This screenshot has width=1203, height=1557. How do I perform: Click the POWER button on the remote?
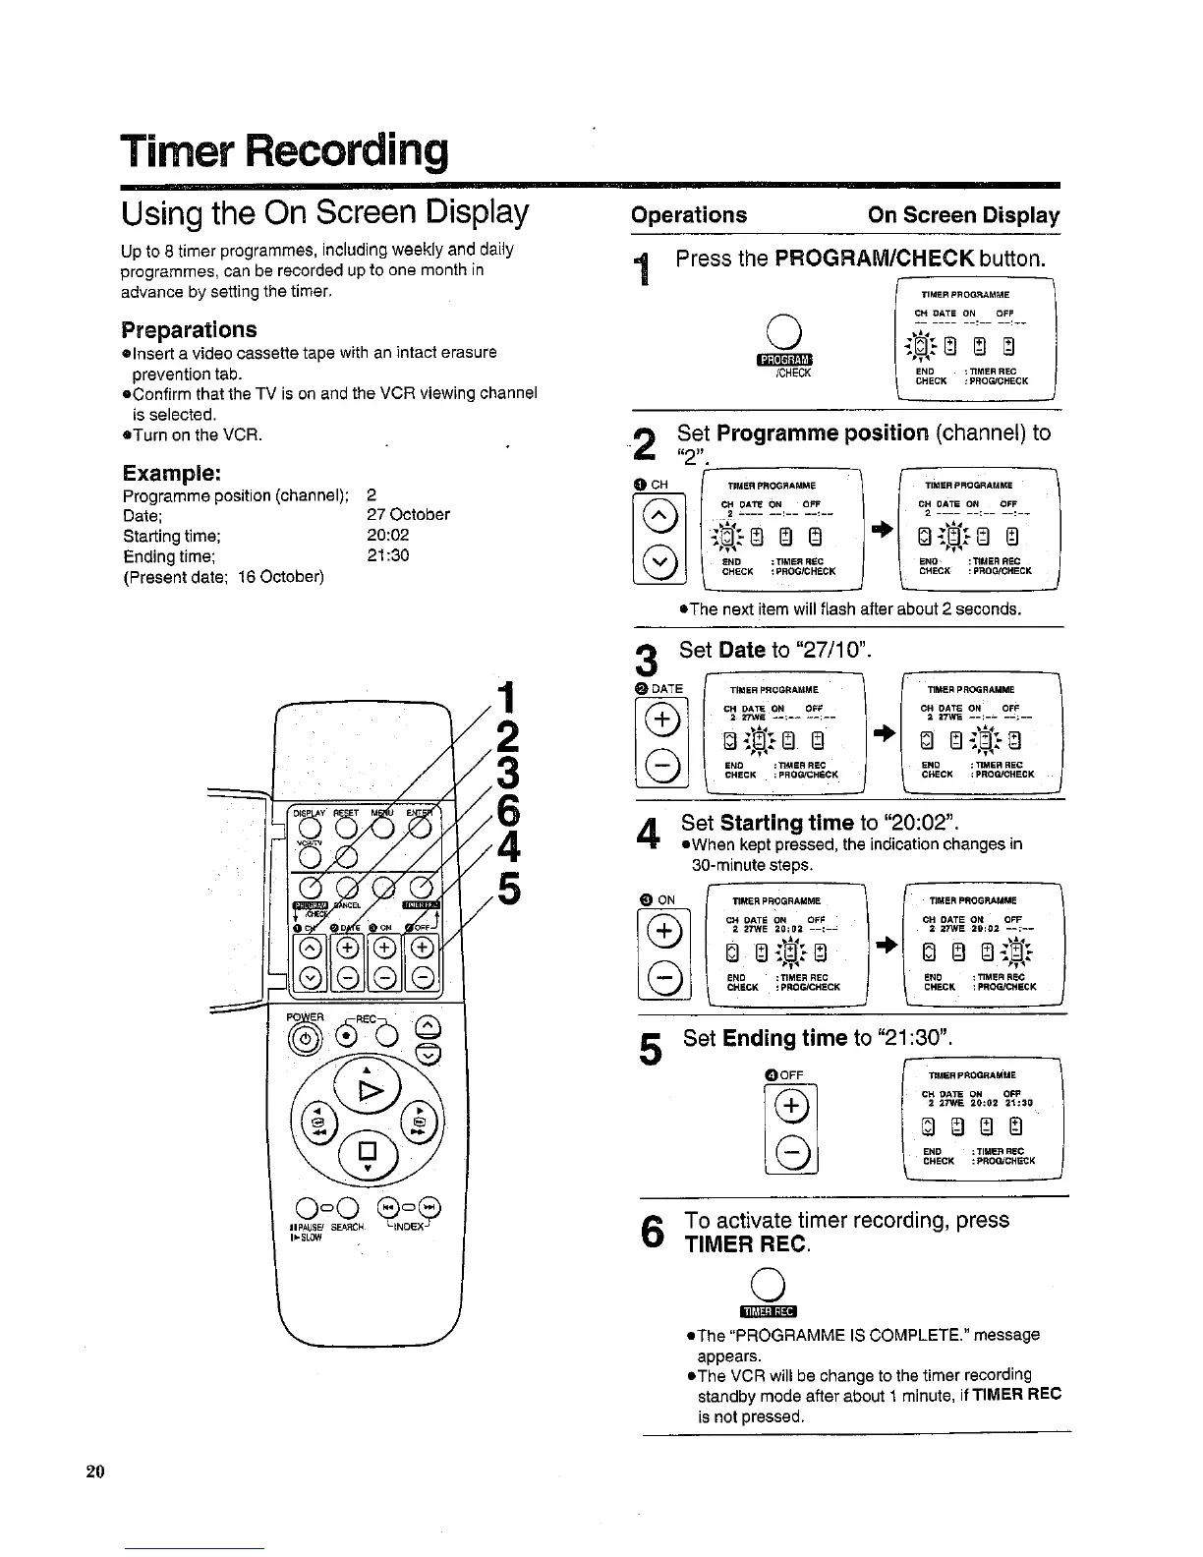[x=304, y=1039]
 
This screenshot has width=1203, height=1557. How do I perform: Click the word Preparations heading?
[x=189, y=329]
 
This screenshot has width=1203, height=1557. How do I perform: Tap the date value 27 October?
[x=407, y=514]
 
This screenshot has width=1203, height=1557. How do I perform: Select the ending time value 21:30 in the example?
[x=386, y=555]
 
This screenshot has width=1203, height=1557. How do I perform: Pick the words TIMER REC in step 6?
[x=747, y=1245]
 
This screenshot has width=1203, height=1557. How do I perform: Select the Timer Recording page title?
[x=284, y=149]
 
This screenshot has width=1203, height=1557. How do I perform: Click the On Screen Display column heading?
[x=963, y=215]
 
